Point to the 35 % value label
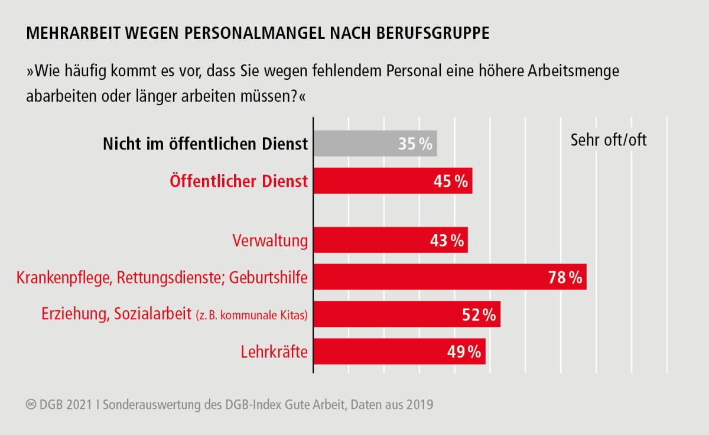pyautogui.click(x=415, y=144)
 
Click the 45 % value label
pyautogui.click(x=451, y=181)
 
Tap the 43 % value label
pyautogui.click(x=446, y=241)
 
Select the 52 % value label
pyautogui.click(x=479, y=314)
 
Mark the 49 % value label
pyautogui.click(x=464, y=352)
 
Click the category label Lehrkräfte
pyautogui.click(x=274, y=352)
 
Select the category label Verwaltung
pyautogui.click(x=270, y=241)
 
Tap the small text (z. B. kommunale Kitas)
pyautogui.click(x=252, y=315)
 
